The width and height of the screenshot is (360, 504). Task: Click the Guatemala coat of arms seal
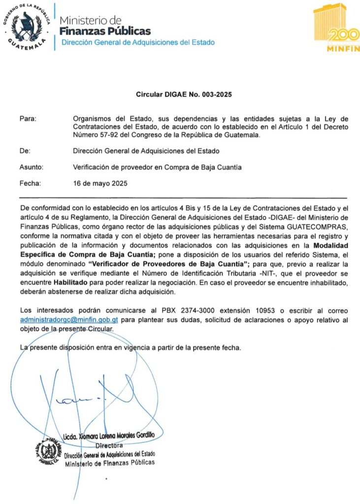point(27,27)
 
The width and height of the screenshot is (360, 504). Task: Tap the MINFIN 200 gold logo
point(336,28)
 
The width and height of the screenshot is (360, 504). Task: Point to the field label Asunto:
point(32,167)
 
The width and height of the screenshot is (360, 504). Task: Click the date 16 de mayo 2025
point(100,184)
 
